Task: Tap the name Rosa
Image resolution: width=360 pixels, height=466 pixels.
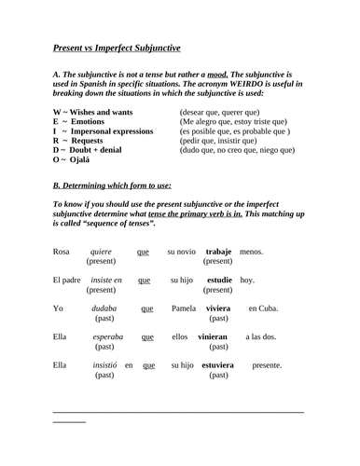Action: [62, 252]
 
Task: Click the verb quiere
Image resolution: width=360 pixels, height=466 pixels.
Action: [101, 252]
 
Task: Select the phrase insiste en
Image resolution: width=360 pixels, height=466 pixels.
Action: [105, 280]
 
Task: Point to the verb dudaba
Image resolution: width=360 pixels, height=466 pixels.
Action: [104, 308]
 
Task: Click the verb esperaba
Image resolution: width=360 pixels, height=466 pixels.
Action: [108, 337]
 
